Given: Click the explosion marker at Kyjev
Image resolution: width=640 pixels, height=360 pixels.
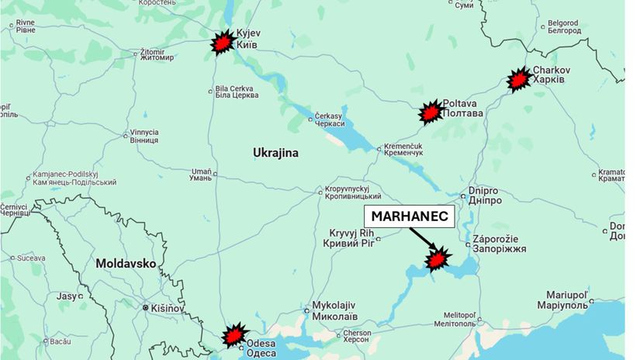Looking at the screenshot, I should (x=223, y=43).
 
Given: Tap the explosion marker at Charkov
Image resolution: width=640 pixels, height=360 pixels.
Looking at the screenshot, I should (x=518, y=79).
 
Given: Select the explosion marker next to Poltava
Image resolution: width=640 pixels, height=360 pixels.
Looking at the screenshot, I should (x=430, y=113).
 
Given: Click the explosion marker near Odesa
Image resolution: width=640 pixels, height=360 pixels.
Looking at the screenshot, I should (x=233, y=336).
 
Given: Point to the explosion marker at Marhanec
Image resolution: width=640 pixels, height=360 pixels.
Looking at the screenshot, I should (x=438, y=258).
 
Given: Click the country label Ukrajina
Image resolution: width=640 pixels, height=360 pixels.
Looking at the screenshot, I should (x=275, y=153).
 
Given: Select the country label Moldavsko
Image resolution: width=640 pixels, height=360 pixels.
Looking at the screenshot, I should (x=126, y=264).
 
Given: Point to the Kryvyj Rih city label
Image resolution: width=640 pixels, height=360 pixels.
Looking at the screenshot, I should (x=353, y=238).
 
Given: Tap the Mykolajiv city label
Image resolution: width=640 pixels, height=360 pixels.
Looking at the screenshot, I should (x=334, y=310).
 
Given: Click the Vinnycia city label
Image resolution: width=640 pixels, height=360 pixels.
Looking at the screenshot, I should (x=144, y=136).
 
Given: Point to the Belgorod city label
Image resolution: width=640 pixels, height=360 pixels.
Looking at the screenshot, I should (x=563, y=27).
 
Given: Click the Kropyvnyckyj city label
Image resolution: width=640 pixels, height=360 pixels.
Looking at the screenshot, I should (x=351, y=193).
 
